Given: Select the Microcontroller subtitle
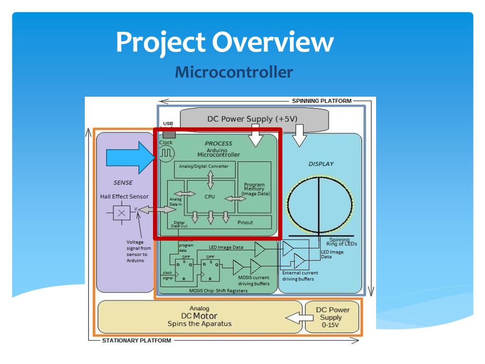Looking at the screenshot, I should [x=234, y=73].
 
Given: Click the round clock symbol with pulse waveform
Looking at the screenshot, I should [x=166, y=154].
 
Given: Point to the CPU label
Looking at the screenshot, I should [x=210, y=196].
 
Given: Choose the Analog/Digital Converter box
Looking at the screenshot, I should [x=204, y=166].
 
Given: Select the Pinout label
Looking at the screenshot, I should [x=245, y=222].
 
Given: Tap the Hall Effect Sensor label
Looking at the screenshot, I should [x=124, y=197].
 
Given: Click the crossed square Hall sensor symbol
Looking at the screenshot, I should [x=122, y=213].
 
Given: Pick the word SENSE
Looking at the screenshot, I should [x=123, y=182].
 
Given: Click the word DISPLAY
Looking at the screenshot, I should [x=321, y=164].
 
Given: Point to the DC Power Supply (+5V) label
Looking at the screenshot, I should [x=252, y=118].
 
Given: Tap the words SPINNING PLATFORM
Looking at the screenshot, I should [x=322, y=101].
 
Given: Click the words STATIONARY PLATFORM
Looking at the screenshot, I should [x=137, y=340].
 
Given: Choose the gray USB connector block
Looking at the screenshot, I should [x=169, y=135].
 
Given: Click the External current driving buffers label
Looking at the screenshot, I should [x=300, y=276].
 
